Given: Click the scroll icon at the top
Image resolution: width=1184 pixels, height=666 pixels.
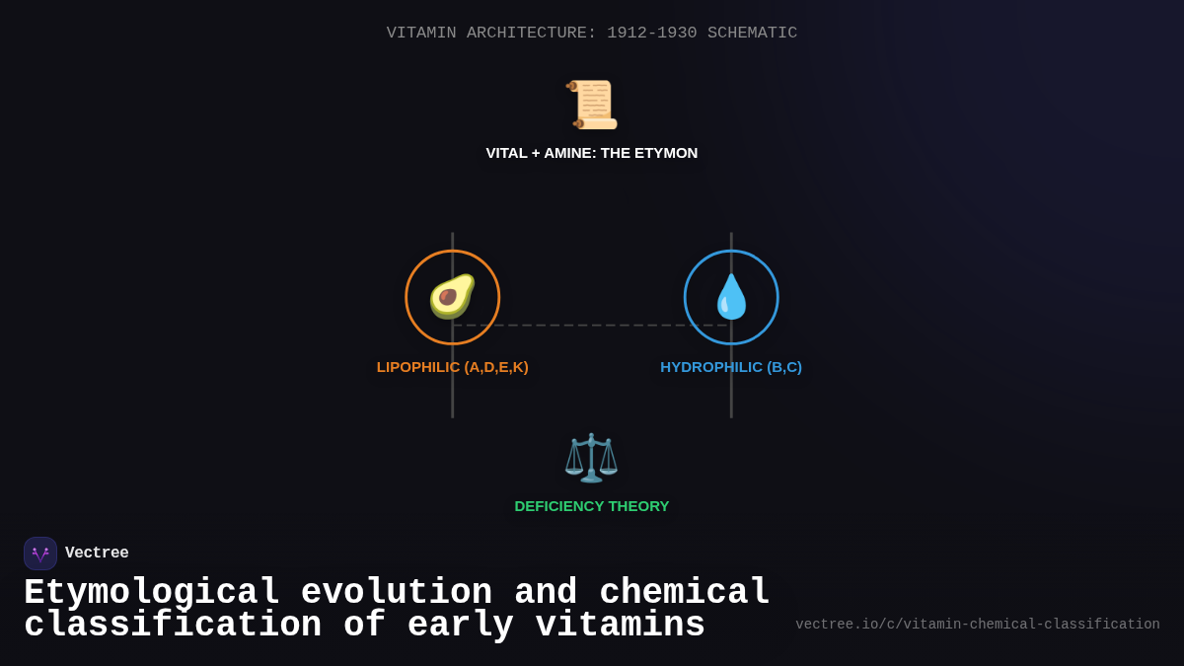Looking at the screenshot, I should point(592,105).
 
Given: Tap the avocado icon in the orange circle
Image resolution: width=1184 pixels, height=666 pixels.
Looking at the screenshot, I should point(452,296).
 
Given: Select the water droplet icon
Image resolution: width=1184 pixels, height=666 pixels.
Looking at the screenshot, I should point(731,297).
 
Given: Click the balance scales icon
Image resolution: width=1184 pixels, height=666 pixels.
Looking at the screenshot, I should point(591,457).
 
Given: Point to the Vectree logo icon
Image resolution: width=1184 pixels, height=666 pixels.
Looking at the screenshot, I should point(40,554).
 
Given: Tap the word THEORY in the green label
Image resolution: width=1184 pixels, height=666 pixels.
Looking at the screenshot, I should point(638,506).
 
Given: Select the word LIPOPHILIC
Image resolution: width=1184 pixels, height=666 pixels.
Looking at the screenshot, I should point(418,367).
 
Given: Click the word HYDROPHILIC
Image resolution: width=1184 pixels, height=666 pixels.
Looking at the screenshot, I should point(711,367).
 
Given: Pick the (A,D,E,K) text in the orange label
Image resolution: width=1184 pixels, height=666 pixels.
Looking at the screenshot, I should point(496,367).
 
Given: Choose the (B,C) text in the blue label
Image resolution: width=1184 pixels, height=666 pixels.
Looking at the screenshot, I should point(784,367).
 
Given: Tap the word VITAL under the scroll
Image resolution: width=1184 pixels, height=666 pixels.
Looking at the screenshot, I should point(506,153).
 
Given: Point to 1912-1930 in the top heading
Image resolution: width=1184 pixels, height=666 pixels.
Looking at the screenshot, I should point(651,33).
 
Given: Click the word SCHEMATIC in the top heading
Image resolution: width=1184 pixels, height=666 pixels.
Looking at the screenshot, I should point(752,33).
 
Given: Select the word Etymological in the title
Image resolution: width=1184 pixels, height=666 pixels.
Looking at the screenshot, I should point(151,593).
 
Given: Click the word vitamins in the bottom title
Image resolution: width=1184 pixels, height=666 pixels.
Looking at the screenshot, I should point(621,626).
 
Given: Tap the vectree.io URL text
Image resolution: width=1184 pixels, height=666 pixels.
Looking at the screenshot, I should point(977,625).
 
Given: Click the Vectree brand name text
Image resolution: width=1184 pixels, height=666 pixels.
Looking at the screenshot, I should point(97,554).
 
